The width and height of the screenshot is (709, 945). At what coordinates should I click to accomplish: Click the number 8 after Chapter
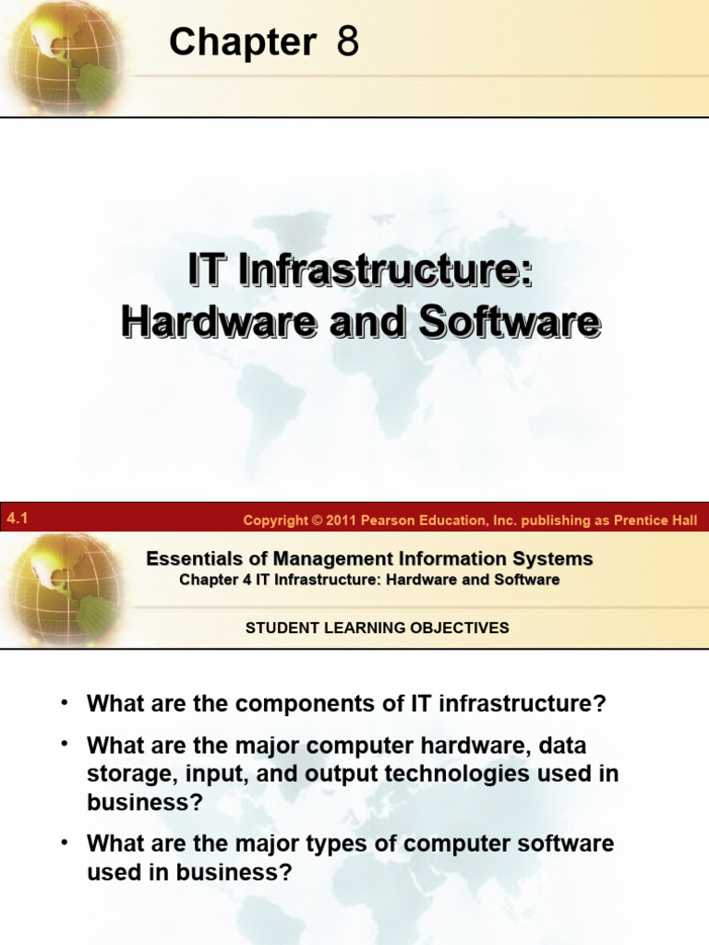tap(347, 42)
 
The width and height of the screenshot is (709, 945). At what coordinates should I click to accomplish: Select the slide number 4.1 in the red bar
tap(17, 520)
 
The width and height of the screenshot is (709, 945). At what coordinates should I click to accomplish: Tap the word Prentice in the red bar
tap(643, 520)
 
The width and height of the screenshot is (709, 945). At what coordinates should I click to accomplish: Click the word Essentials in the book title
tap(188, 558)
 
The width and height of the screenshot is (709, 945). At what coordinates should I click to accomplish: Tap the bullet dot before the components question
tap(65, 703)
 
